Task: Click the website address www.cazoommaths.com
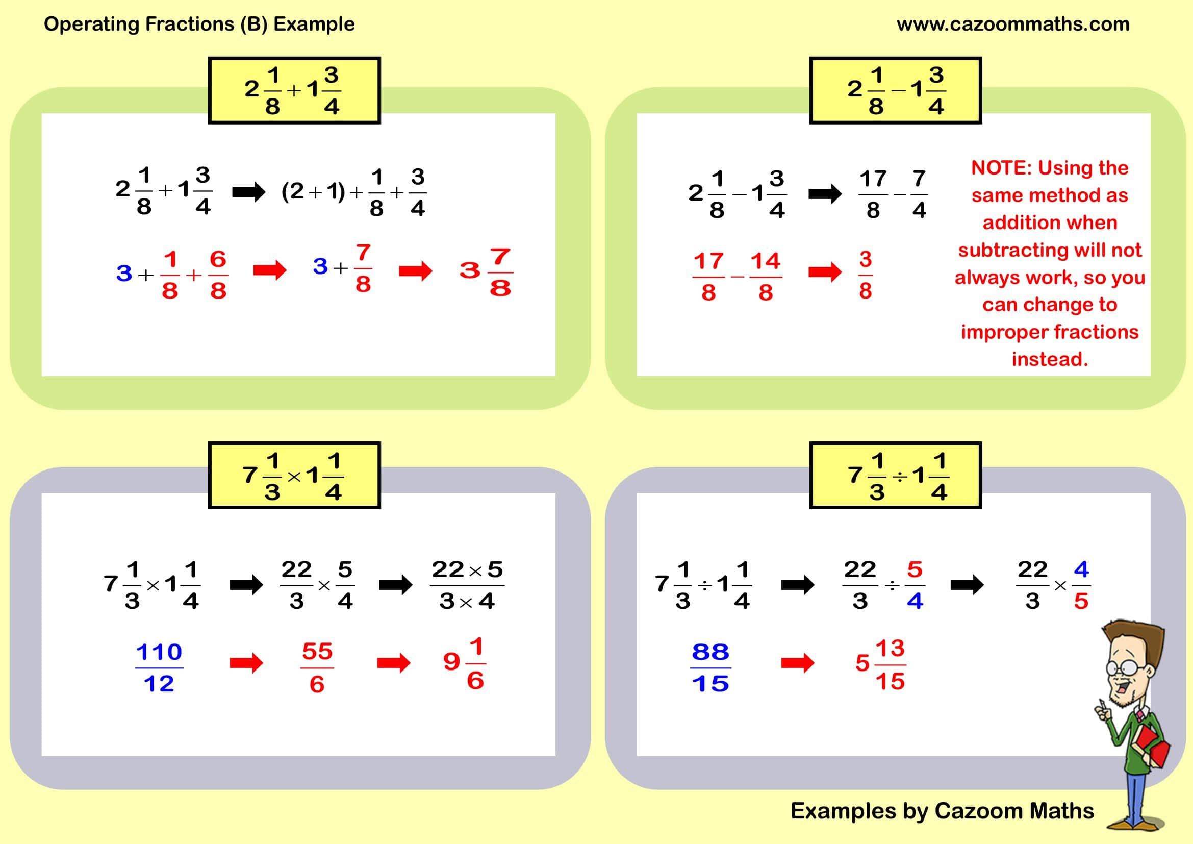(x=1013, y=24)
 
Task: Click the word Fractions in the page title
(x=190, y=24)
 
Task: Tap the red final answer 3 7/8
(x=487, y=272)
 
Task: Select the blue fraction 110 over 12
(x=159, y=668)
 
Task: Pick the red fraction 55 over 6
(x=317, y=668)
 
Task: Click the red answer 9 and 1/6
(x=465, y=664)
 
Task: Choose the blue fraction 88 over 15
(x=710, y=668)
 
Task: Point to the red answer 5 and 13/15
(x=881, y=664)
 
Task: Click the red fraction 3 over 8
(x=865, y=275)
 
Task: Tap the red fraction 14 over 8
(x=766, y=277)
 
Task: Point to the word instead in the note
(x=1050, y=359)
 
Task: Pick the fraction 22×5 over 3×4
(x=467, y=585)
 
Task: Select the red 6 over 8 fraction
(x=218, y=275)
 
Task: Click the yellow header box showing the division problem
(x=895, y=476)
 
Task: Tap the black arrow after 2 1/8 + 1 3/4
(x=248, y=192)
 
